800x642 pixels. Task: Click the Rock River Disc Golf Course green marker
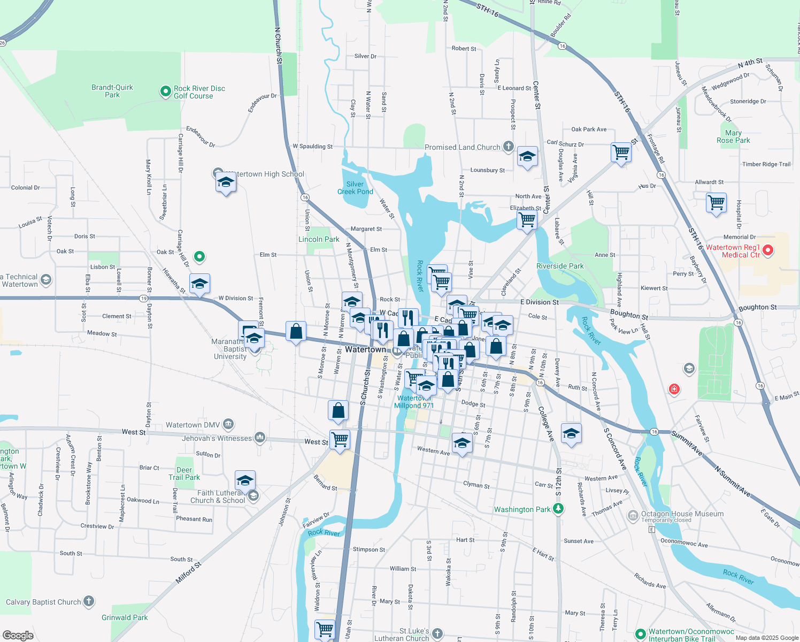pos(165,92)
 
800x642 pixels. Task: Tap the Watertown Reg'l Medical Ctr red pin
pos(768,250)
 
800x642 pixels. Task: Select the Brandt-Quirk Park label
pos(112,91)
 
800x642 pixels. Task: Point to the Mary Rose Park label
pos(733,136)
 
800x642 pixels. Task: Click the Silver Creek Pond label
pos(355,188)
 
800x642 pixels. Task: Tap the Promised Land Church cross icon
pos(508,146)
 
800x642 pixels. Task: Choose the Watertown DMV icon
pos(228,425)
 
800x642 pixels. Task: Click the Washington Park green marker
pos(558,509)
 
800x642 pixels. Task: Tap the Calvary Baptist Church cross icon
pos(89,602)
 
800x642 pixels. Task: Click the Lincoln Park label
pos(319,239)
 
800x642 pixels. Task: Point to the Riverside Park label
pos(560,266)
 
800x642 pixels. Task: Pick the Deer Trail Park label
pos(184,473)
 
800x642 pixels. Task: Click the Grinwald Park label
pos(125,617)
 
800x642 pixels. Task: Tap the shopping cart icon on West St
pos(340,440)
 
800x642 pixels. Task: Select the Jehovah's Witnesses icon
pos(260,438)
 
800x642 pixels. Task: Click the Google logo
pos(18,635)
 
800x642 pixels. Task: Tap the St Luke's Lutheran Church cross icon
pos(437,634)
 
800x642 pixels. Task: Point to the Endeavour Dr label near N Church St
pos(262,103)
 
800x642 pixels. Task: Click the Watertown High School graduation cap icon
pos(226,183)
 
